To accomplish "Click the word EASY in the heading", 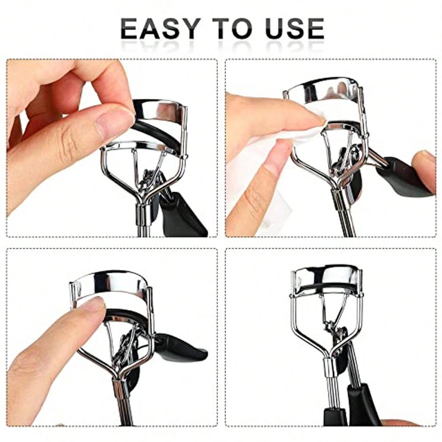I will coord(159,29).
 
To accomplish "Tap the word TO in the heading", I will coord(234,29).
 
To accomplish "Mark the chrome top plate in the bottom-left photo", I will coord(110,283).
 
